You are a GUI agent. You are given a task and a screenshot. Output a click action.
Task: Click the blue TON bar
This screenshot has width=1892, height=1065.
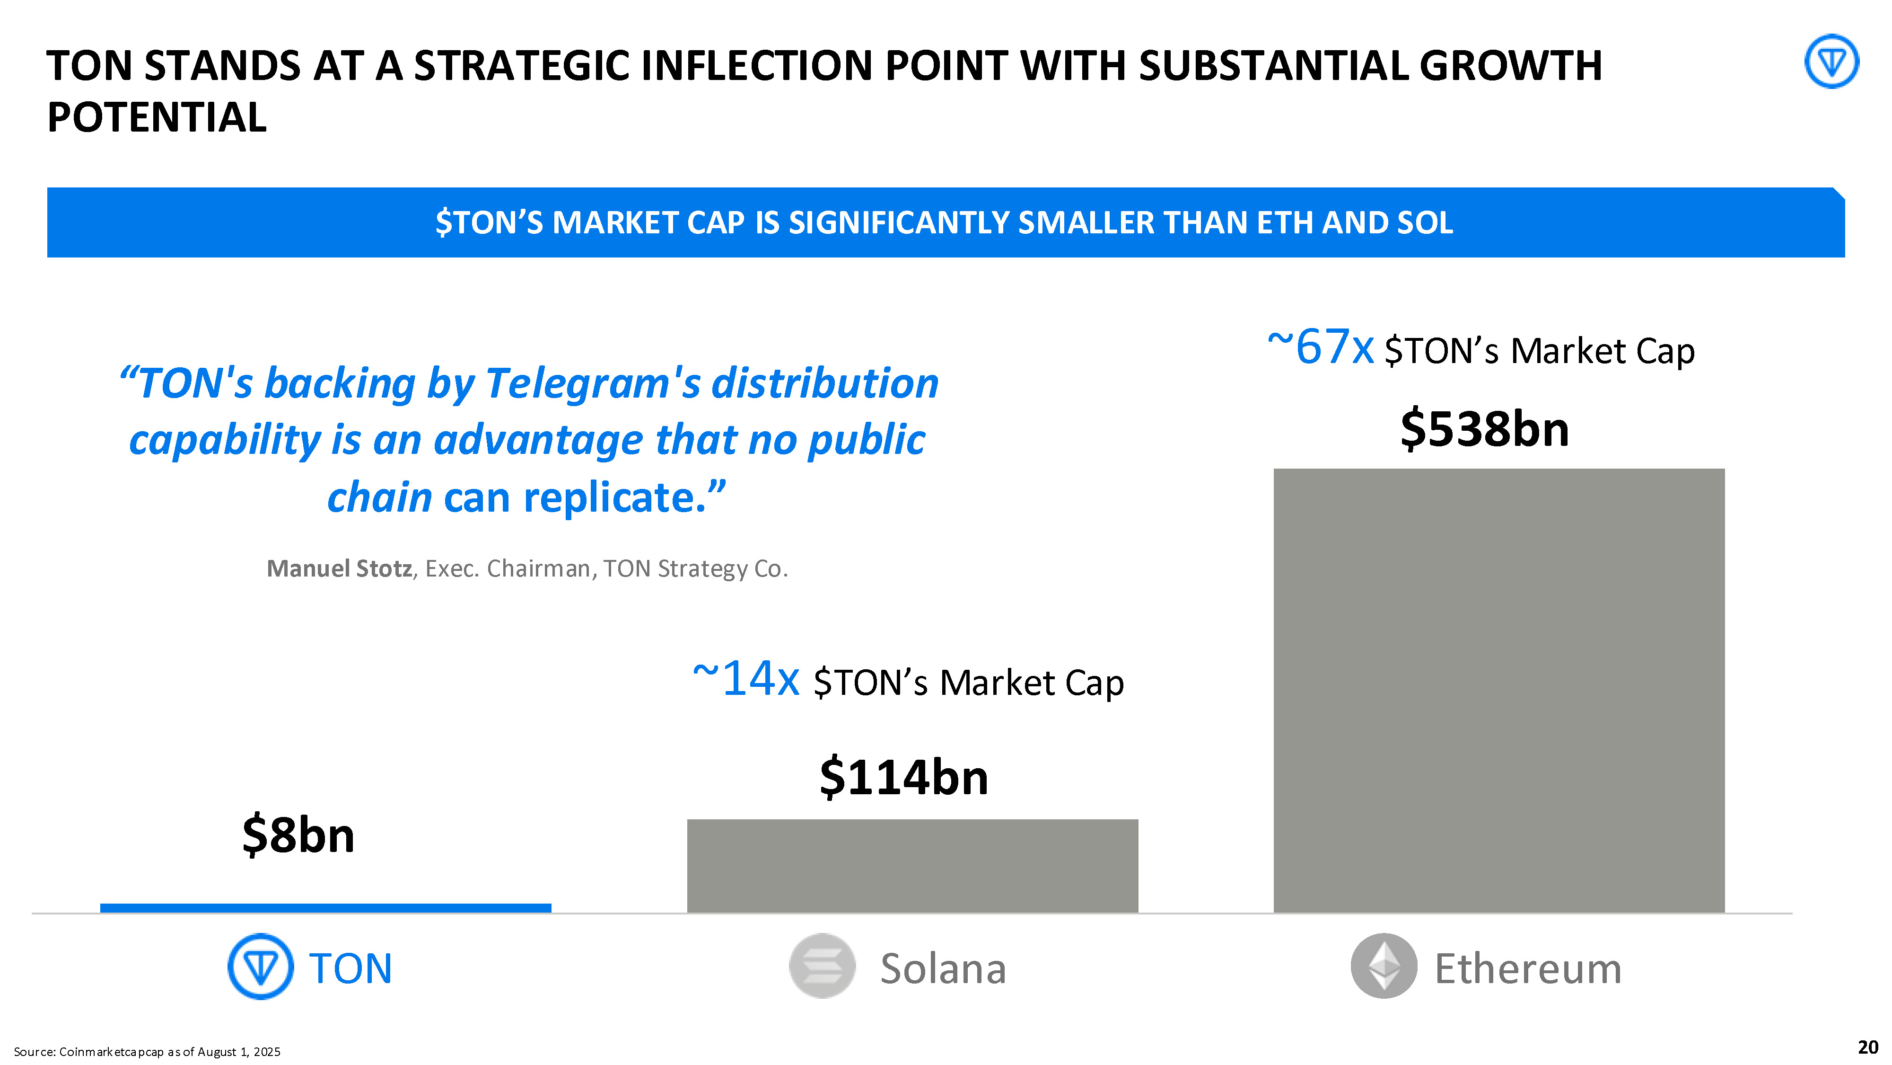325,908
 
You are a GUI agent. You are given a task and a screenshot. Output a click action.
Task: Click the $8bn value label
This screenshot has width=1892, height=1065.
298,836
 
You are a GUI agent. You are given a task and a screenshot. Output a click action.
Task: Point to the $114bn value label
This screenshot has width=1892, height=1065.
903,778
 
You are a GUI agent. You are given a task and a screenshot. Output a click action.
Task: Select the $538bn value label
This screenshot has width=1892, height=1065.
1484,429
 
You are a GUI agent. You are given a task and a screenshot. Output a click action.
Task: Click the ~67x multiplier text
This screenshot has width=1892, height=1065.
1320,347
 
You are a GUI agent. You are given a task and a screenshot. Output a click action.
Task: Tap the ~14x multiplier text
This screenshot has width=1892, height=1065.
745,679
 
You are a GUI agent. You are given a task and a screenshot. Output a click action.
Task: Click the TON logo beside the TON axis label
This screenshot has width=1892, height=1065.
261,967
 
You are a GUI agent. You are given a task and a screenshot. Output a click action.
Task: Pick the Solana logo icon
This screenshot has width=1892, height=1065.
822,967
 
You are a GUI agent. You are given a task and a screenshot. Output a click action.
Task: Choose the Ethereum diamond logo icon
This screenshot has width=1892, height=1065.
1384,967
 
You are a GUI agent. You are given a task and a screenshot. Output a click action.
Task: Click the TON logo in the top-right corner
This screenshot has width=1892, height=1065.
1831,62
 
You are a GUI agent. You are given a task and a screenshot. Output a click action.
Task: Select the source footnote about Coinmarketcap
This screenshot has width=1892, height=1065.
147,1052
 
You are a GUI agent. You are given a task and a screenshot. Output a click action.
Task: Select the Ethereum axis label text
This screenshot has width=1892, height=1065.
1528,969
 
